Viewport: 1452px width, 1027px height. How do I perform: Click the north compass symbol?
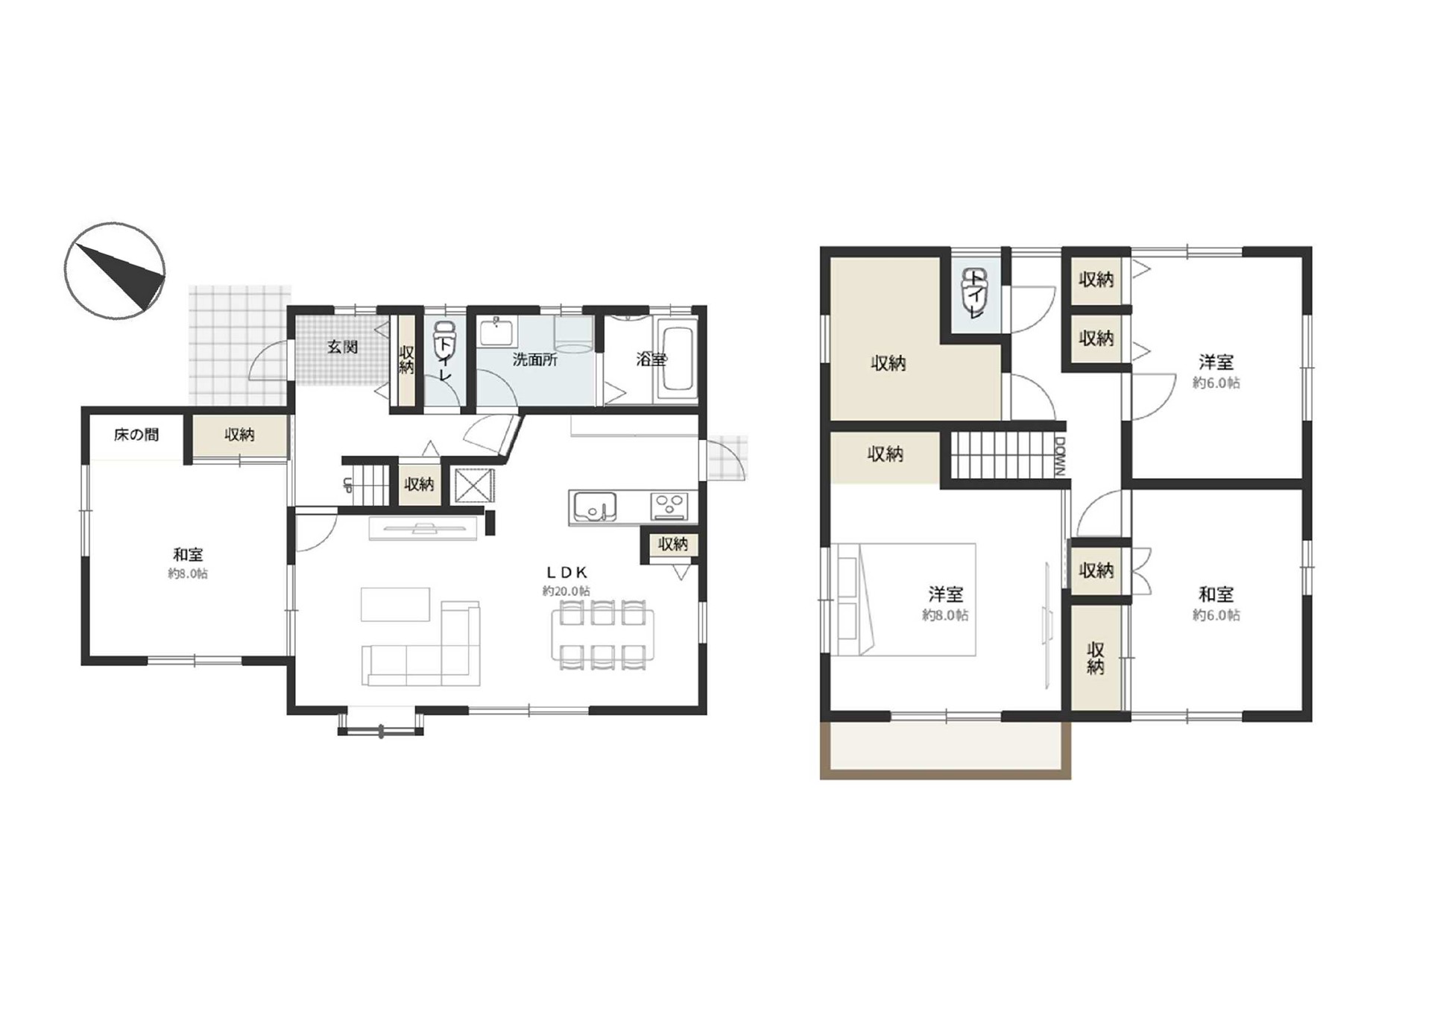(x=115, y=271)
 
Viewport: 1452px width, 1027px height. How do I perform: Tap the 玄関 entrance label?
(x=343, y=347)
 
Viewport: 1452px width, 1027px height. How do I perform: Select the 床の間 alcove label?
(x=136, y=434)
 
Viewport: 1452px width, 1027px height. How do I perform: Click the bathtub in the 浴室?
(x=678, y=359)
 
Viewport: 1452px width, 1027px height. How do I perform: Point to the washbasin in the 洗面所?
(x=496, y=331)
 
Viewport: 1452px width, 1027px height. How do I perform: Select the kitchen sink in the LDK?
(x=594, y=507)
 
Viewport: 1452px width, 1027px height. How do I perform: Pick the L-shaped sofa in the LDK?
(x=422, y=646)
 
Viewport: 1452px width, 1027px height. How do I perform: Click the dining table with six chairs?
(x=602, y=635)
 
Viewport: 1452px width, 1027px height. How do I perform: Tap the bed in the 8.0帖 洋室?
(x=903, y=600)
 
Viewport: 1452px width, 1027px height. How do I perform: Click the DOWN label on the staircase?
(x=1060, y=455)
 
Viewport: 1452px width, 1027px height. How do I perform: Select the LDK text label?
(x=567, y=573)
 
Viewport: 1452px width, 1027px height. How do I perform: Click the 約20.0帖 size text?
(x=566, y=591)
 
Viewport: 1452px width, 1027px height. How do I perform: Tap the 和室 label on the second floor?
(x=1216, y=594)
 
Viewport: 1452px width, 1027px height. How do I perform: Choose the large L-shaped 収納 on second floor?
(x=915, y=339)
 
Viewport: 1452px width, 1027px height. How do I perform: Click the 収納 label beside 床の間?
(x=239, y=435)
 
